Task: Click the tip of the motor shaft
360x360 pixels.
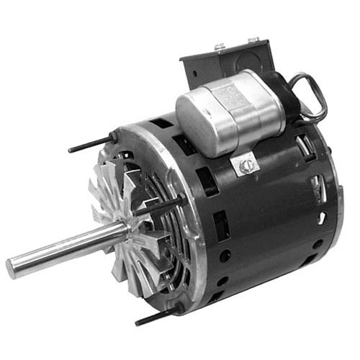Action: [x=12, y=266]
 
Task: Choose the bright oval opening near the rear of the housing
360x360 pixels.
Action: [x=320, y=216]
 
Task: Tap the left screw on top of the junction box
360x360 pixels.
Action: [x=217, y=48]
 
